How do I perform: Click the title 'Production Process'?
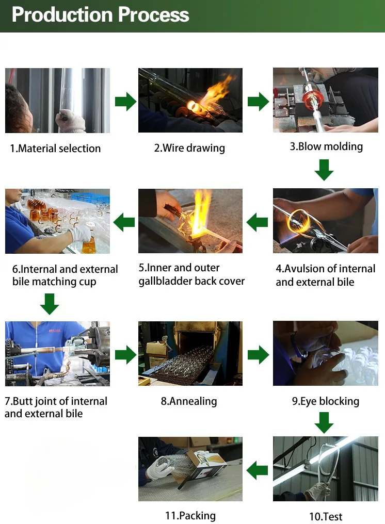click(100, 14)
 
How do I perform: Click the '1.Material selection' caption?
click(55, 149)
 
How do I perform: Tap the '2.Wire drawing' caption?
click(189, 148)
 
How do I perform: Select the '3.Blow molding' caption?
click(326, 146)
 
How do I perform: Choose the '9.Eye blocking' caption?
click(325, 401)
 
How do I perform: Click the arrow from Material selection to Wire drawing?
click(125, 101)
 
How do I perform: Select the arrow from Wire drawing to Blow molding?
click(258, 101)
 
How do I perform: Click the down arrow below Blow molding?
click(324, 170)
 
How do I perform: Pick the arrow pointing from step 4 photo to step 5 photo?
click(257, 223)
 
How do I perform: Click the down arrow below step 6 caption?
click(49, 303)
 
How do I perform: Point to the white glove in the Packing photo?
click(158, 470)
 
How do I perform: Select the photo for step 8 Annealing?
click(190, 353)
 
